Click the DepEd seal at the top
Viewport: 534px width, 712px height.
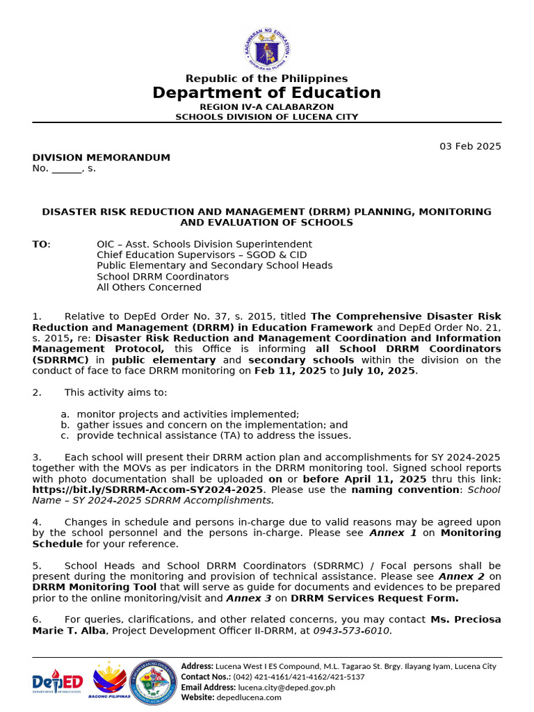[266, 48]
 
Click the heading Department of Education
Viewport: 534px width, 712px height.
[266, 93]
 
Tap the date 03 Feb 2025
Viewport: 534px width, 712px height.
[469, 146]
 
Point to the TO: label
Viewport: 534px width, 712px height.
[41, 244]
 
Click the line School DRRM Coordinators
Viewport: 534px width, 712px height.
[163, 276]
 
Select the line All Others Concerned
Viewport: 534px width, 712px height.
[149, 287]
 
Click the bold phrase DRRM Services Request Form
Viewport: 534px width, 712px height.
[375, 598]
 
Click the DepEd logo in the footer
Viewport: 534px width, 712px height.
[57, 683]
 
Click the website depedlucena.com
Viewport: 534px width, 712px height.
[249, 697]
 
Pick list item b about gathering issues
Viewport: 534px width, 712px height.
[212, 425]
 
